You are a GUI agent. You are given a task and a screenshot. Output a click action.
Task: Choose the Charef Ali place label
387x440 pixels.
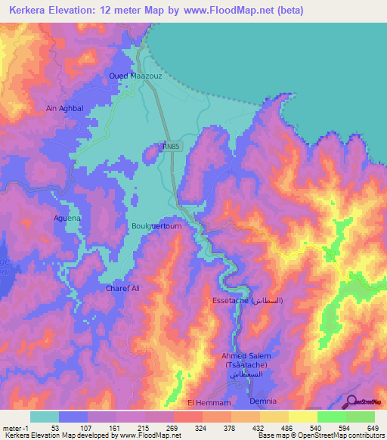(x=119, y=288)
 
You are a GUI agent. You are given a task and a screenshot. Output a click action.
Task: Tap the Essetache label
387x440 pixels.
(x=246, y=300)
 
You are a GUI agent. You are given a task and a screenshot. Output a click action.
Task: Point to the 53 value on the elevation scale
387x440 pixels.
(x=55, y=428)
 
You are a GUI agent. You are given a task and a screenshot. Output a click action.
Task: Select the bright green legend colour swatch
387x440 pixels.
(x=331, y=417)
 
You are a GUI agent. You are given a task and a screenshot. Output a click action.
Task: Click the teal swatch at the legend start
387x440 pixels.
(x=44, y=417)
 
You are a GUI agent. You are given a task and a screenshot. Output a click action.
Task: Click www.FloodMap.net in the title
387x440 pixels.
(x=228, y=8)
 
